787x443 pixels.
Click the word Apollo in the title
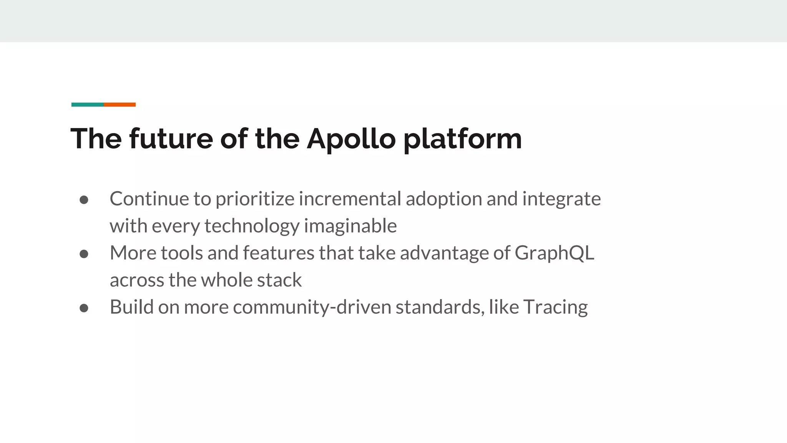[x=351, y=139]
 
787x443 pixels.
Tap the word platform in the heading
[x=462, y=139]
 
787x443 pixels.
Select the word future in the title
[x=171, y=139]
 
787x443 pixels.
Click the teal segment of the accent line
[x=88, y=105]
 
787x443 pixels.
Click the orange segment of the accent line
[x=120, y=105]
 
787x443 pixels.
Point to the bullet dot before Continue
[x=84, y=200]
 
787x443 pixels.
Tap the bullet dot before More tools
[x=84, y=254]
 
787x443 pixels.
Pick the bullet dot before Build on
[x=84, y=308]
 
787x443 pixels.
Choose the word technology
[x=252, y=226]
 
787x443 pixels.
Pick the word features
[x=279, y=253]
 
